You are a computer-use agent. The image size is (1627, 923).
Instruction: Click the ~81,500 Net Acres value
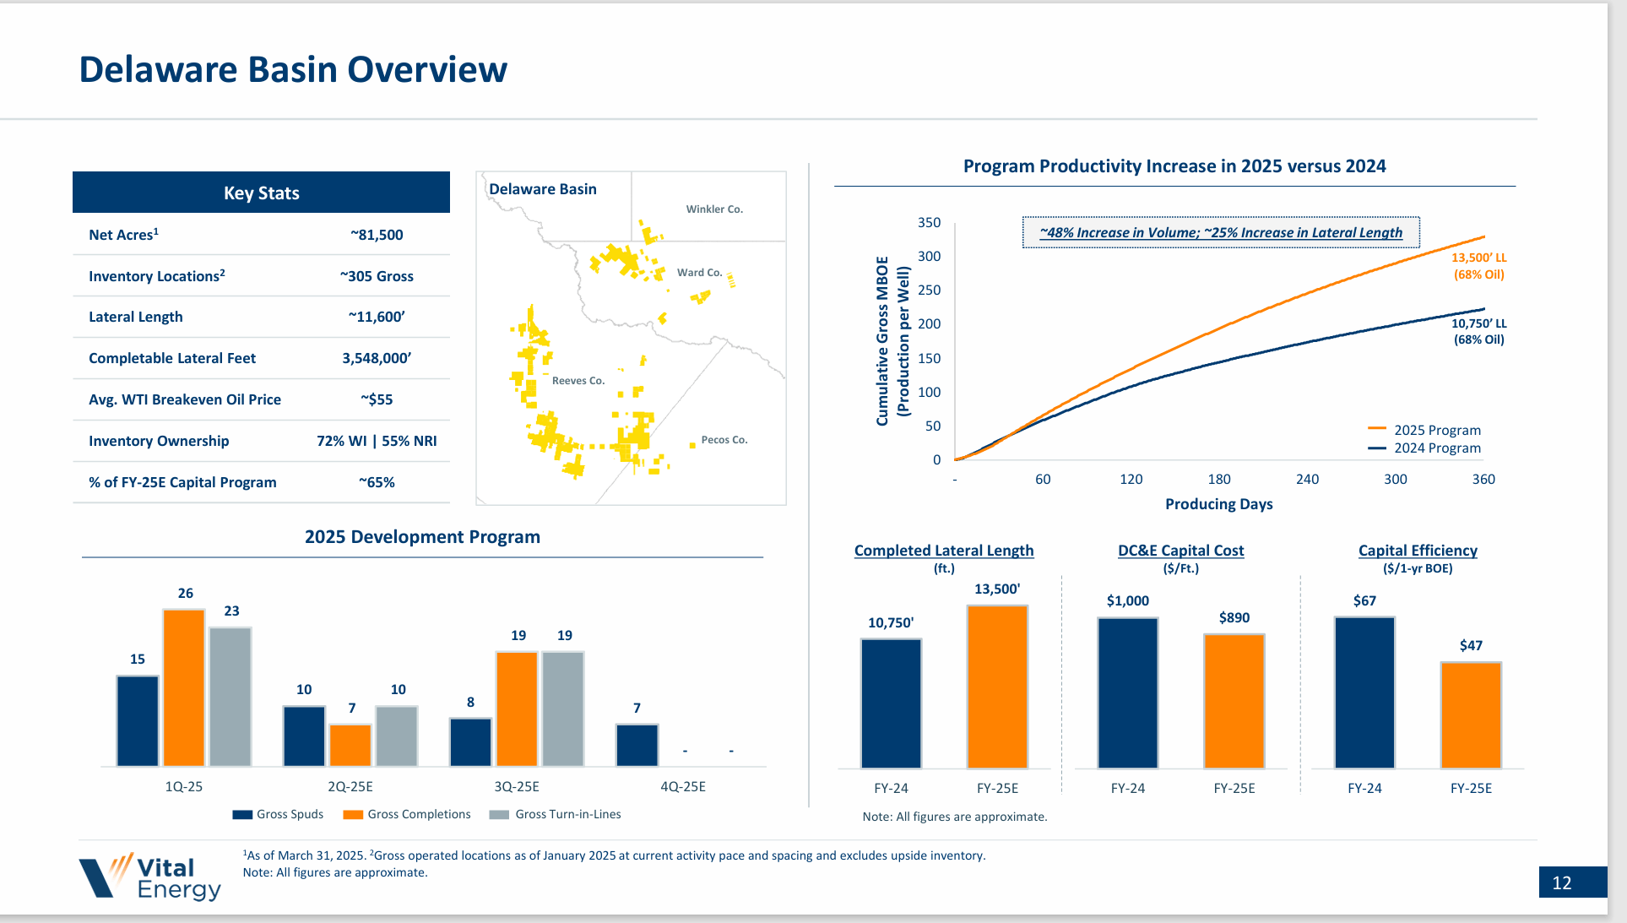pos(377,235)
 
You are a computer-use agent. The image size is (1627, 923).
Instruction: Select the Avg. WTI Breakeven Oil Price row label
pos(185,399)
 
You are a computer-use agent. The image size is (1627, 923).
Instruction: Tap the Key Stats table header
pos(261,193)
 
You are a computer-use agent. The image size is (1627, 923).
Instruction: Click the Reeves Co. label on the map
pos(578,381)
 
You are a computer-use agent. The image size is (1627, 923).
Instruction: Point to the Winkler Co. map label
pos(714,209)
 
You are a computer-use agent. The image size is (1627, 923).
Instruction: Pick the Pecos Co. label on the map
pos(724,440)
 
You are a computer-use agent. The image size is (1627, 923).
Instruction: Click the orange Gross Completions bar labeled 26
pos(184,688)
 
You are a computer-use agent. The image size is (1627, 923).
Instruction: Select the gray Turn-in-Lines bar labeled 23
pos(230,697)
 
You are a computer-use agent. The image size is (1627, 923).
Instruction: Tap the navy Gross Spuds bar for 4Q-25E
pos(637,746)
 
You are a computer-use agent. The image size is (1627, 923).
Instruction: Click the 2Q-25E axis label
pos(350,786)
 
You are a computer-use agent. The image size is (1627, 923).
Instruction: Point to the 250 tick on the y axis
pos(929,290)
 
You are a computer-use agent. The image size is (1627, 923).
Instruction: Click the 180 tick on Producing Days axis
pos(1218,480)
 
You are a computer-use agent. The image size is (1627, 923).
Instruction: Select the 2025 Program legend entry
pos(1425,430)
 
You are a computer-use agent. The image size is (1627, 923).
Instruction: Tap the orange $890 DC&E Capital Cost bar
pos(1234,701)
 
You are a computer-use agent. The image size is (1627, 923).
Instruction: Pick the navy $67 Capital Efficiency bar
pos(1364,692)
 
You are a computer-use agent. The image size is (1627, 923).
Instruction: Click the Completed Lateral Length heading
pos(943,551)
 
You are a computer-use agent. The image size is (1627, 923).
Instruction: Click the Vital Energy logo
pos(150,877)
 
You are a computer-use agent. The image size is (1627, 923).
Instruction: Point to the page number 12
pos(1562,882)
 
